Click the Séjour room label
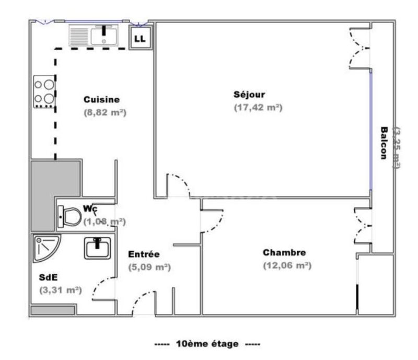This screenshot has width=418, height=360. pyautogui.click(x=249, y=95)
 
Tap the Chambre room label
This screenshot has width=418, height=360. pyautogui.click(x=284, y=253)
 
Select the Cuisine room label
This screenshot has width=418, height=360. pyautogui.click(x=102, y=99)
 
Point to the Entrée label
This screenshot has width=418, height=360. pyautogui.click(x=144, y=254)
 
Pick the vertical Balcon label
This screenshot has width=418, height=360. pyautogui.click(x=384, y=144)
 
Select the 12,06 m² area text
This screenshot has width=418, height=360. pyautogui.click(x=287, y=265)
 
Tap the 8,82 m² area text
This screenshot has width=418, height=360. pyautogui.click(x=106, y=112)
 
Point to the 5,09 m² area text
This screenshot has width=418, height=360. pyautogui.click(x=150, y=266)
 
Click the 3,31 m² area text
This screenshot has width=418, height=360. pyautogui.click(x=60, y=290)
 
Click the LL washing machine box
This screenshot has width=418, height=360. pyautogui.click(x=141, y=38)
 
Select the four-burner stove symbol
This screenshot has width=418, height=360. pyautogui.click(x=44, y=92)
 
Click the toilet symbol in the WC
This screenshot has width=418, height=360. pyautogui.click(x=69, y=217)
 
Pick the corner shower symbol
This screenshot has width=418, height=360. pyautogui.click(x=45, y=248)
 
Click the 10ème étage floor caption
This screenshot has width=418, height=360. pyautogui.click(x=207, y=344)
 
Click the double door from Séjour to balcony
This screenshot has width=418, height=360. pyautogui.click(x=359, y=48)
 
